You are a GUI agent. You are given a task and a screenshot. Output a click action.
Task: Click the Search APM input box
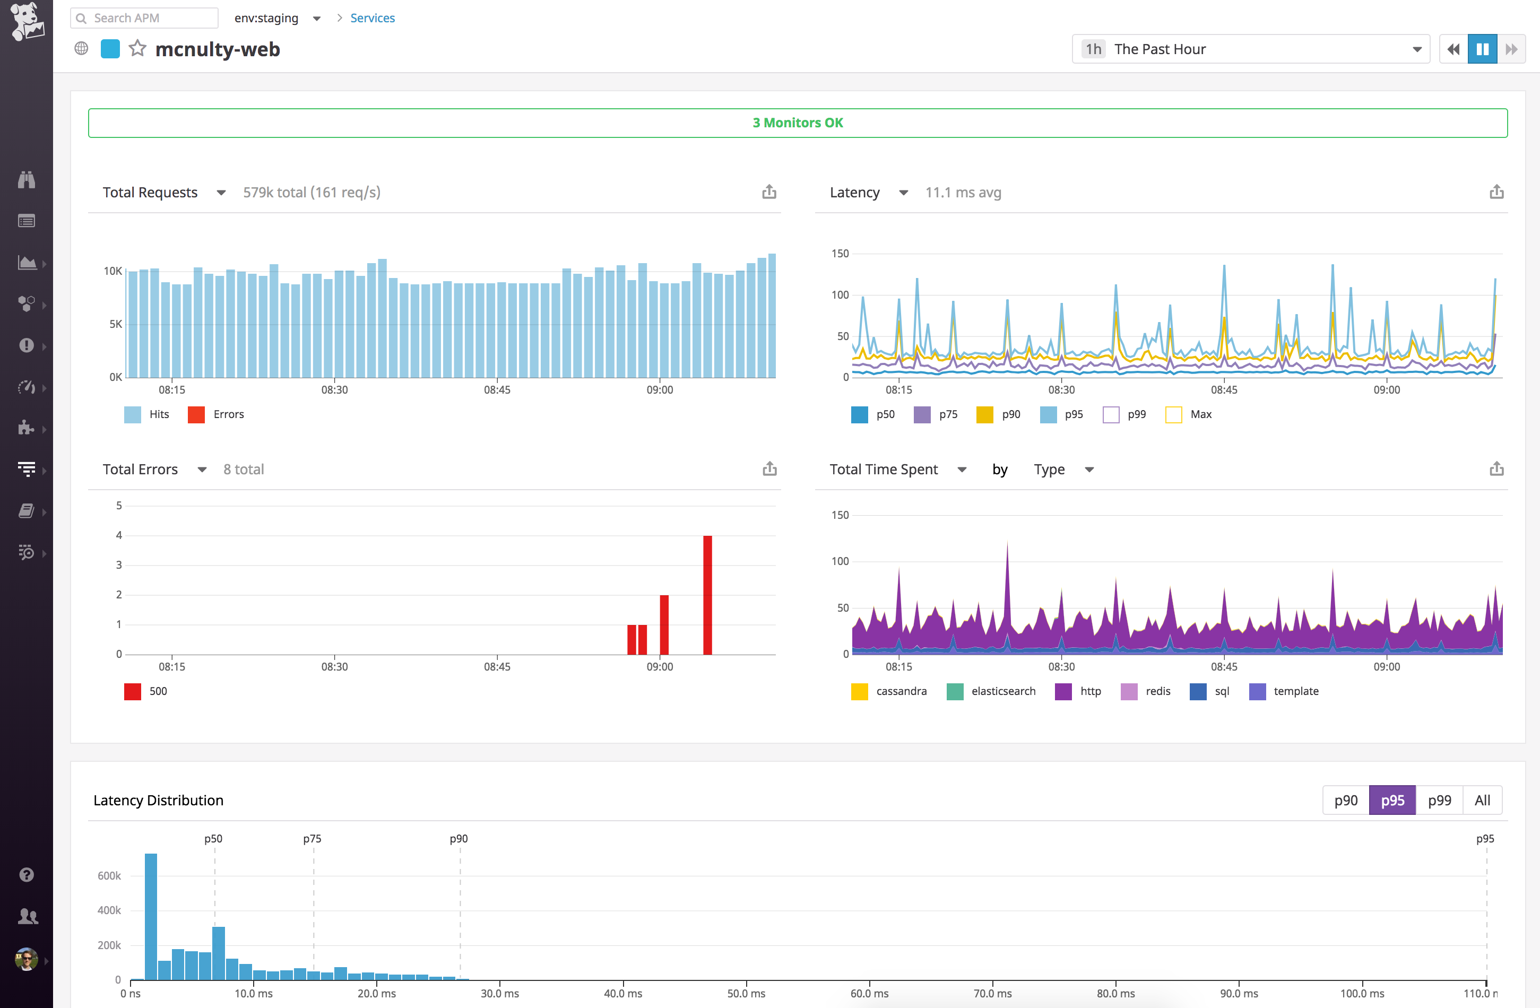[x=153, y=18]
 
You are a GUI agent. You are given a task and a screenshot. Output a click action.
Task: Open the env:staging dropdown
[x=277, y=18]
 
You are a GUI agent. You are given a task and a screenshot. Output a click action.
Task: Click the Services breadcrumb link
[x=372, y=18]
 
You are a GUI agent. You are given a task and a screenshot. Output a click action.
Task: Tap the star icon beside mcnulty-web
[x=137, y=48]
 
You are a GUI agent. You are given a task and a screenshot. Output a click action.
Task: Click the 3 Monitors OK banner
[x=797, y=123]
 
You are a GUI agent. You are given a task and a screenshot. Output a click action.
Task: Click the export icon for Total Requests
[x=769, y=192]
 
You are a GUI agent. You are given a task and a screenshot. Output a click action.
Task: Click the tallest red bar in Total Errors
[x=707, y=595]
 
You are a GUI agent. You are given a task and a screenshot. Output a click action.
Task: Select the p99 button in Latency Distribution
[x=1439, y=801]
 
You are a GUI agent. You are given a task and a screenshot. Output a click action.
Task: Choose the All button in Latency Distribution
[x=1482, y=801]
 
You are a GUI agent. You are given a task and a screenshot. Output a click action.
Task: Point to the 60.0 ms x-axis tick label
[x=869, y=993]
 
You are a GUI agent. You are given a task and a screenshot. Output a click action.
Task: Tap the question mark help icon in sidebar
[x=27, y=875]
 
